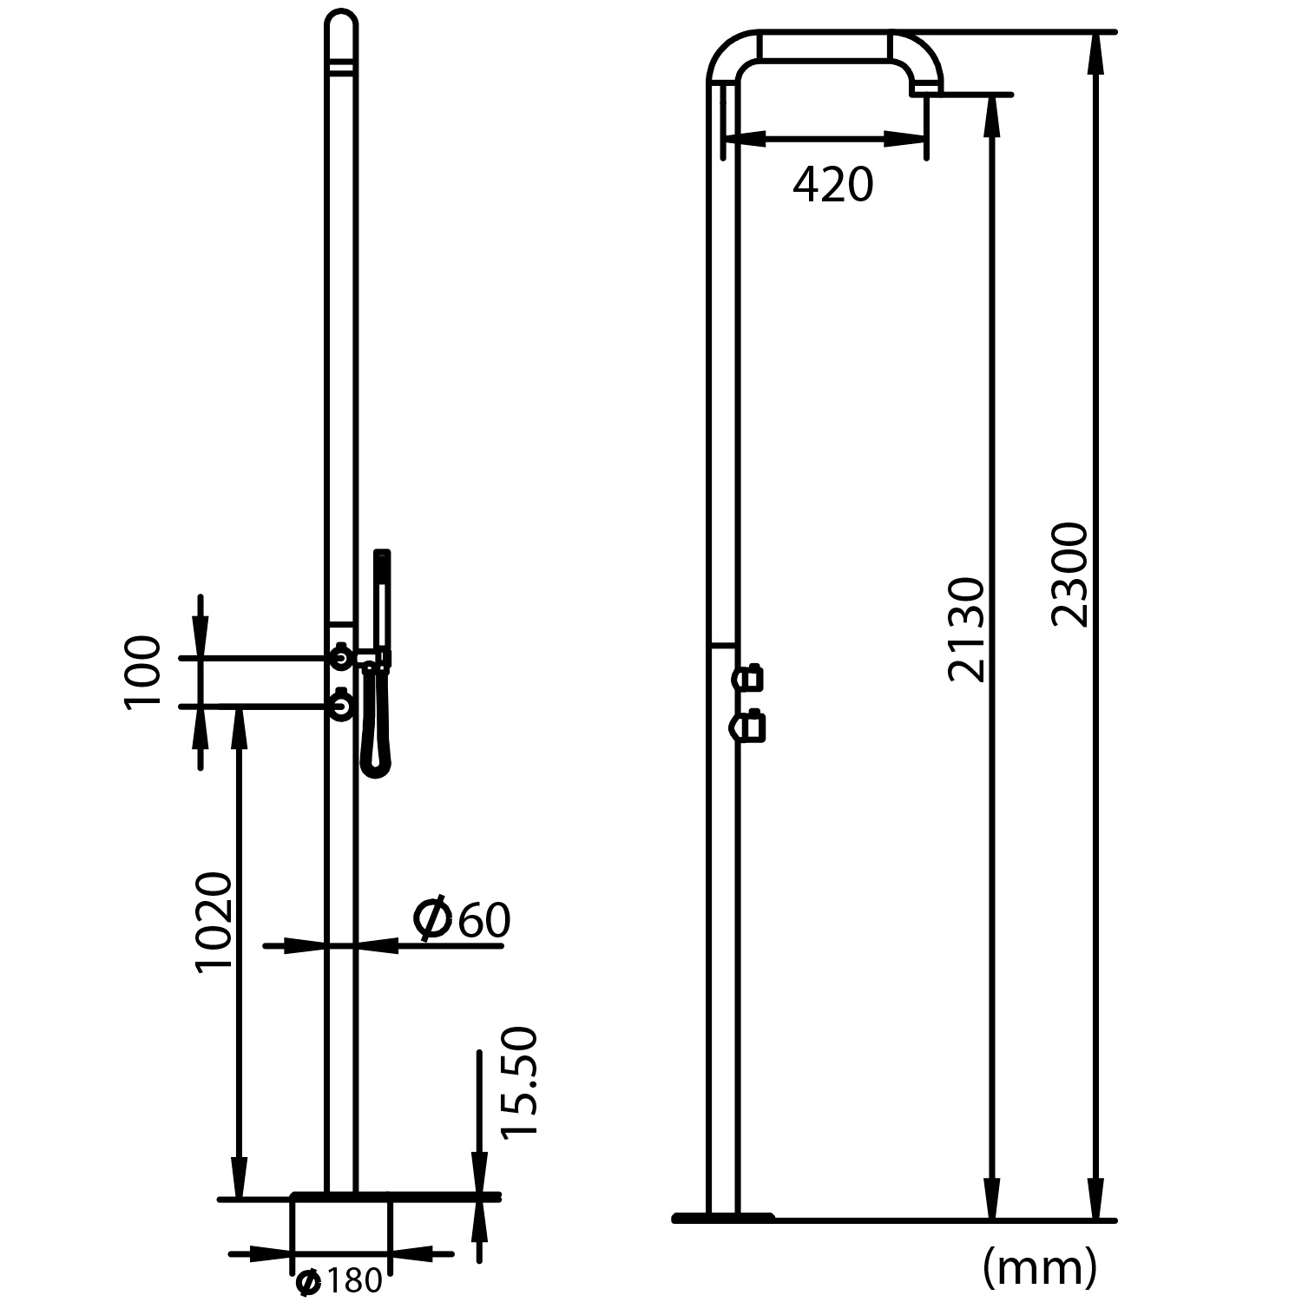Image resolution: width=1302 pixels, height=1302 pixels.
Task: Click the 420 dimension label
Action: [x=832, y=185]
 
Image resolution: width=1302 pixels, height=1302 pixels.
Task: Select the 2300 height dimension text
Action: [x=1069, y=575]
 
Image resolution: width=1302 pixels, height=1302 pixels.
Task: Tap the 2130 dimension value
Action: [x=967, y=629]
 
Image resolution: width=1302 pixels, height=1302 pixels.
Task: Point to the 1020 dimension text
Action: [x=214, y=922]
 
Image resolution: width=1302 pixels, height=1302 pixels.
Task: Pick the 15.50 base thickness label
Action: [x=520, y=1082]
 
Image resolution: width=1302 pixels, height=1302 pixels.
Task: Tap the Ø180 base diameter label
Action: [x=339, y=1281]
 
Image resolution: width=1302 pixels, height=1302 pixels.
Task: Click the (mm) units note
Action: [x=1040, y=1268]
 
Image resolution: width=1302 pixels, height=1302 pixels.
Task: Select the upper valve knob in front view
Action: [x=342, y=659]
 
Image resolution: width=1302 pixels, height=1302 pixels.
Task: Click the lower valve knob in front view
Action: [x=342, y=707]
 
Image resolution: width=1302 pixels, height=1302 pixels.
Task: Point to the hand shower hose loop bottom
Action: [x=377, y=768]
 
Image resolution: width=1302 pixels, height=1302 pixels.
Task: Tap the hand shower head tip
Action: [x=382, y=556]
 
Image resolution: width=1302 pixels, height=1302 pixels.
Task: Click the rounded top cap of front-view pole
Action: [x=341, y=24]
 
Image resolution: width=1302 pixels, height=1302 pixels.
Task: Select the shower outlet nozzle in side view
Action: [x=925, y=87]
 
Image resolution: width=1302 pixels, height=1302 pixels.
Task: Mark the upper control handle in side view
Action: [x=750, y=677]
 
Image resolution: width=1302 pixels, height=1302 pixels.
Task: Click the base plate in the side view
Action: [x=722, y=1218]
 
